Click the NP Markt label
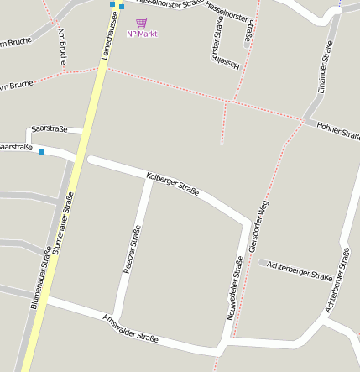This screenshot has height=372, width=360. [x=142, y=34]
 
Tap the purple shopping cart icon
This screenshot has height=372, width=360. [x=141, y=23]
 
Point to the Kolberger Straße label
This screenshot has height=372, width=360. [x=173, y=184]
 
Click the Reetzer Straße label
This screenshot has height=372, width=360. [x=133, y=249]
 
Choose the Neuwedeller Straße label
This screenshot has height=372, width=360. [x=237, y=282]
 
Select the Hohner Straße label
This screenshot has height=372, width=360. [x=338, y=131]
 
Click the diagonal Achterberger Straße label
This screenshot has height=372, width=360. [x=337, y=280]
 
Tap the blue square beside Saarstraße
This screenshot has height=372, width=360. [x=42, y=152]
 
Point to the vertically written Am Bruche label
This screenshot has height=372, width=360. [x=62, y=47]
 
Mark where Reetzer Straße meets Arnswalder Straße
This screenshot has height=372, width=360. [x=116, y=324]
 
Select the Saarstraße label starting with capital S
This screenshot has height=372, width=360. [x=49, y=128]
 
